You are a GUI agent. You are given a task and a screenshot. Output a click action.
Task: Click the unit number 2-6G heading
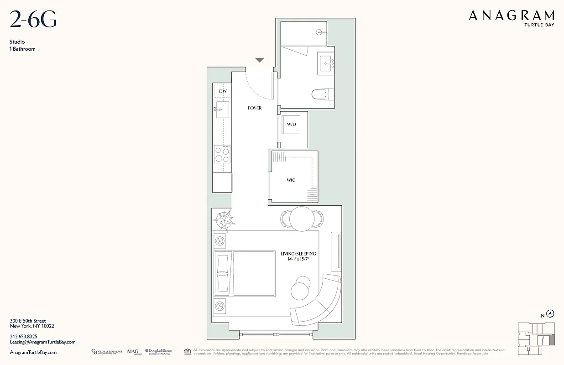tap(33, 20)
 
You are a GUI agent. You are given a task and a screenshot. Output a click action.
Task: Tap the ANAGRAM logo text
tap(512, 16)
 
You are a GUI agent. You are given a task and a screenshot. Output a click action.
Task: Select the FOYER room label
tap(255, 108)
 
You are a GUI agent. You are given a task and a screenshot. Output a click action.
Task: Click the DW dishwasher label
tap(223, 91)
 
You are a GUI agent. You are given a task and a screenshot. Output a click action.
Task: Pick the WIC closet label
tap(291, 180)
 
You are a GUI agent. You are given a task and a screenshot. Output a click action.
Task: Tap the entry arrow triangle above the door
tap(260, 60)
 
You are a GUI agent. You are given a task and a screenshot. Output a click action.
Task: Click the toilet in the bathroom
tap(323, 94)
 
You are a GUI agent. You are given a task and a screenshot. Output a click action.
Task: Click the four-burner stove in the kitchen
tap(222, 154)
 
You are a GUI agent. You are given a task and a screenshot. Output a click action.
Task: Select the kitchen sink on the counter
tap(222, 109)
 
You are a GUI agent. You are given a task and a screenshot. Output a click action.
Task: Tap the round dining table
tap(302, 219)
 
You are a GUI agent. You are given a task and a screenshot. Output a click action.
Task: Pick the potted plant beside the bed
tap(224, 220)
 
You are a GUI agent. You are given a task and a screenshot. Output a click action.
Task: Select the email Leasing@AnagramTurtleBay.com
tap(42, 342)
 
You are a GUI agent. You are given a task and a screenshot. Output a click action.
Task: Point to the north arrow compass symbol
tap(550, 313)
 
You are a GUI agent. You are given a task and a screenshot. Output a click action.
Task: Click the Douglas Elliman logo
tap(158, 351)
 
